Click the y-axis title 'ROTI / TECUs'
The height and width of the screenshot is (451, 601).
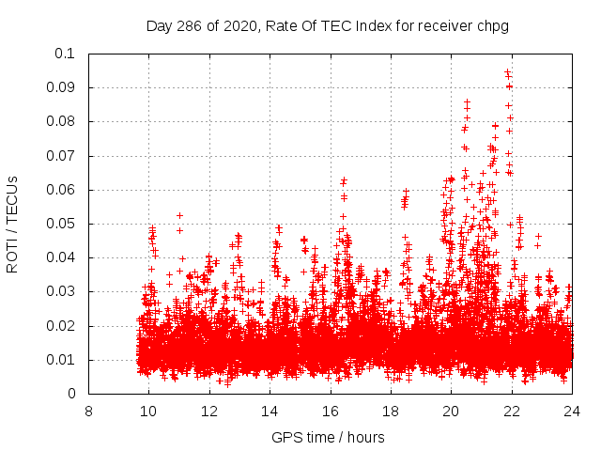coord(13,224)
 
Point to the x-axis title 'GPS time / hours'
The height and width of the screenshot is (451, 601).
coord(328,437)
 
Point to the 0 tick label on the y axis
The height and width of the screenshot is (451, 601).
coord(71,395)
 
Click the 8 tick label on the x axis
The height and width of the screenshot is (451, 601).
coord(89,411)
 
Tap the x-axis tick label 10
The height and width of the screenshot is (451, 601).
coord(149,411)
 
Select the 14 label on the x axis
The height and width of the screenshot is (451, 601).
coord(270,411)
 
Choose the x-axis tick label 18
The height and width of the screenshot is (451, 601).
coord(391,411)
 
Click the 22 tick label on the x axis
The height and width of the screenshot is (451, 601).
coord(512,411)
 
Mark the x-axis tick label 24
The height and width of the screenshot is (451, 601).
coord(572,411)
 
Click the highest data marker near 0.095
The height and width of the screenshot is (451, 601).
coord(508,71)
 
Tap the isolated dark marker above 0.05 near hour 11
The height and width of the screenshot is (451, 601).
coord(179,215)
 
